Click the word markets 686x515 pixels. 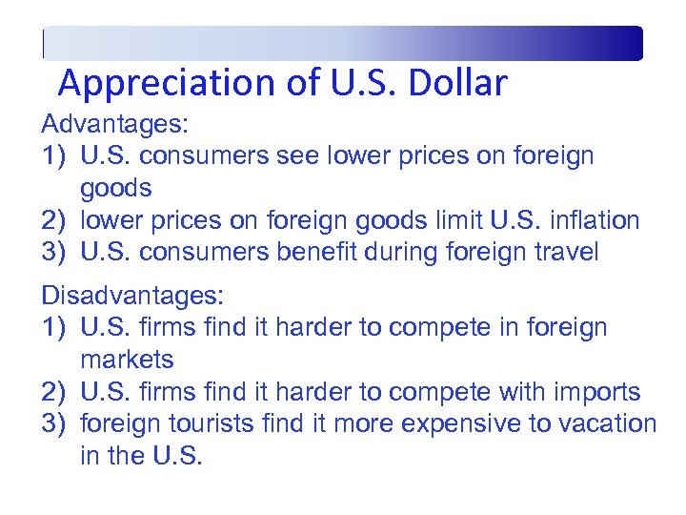(128, 360)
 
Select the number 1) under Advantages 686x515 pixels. (54, 156)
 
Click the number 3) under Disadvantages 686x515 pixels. (54, 423)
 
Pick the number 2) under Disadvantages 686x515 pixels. (54, 392)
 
